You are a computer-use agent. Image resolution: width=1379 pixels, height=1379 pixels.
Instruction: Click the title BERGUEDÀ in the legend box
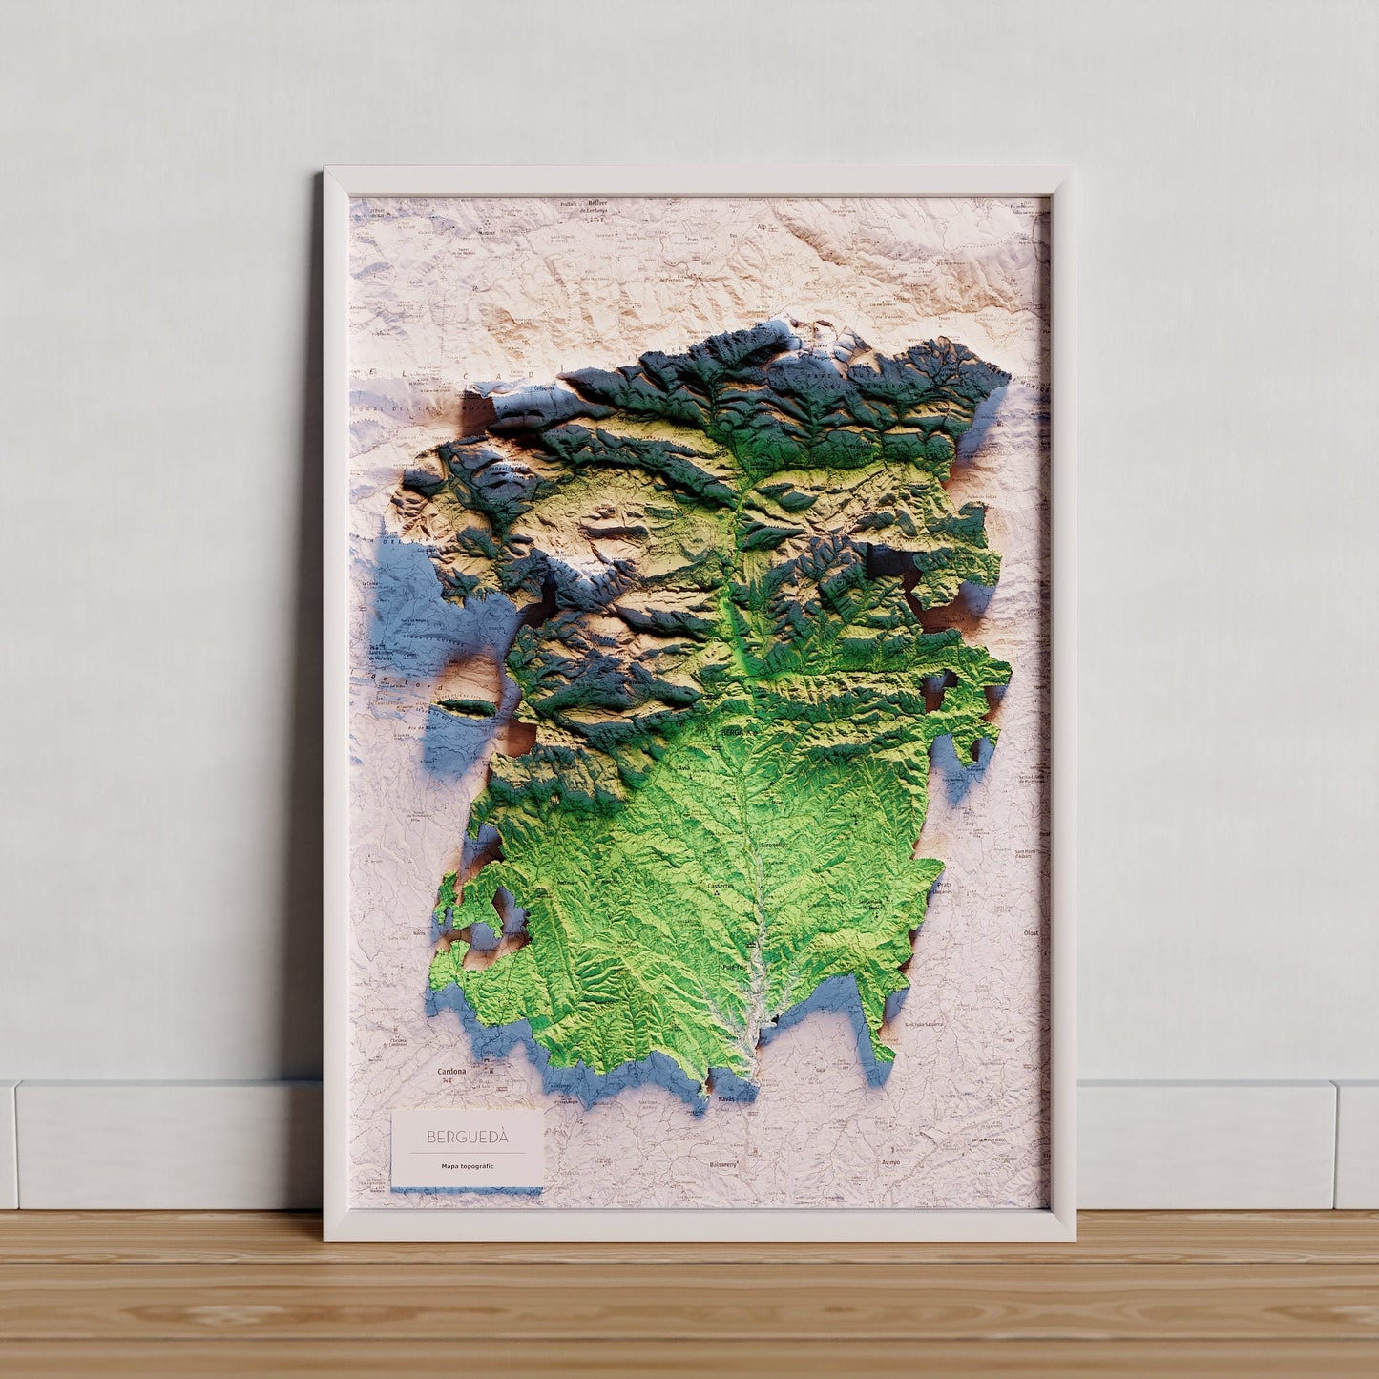[468, 1137]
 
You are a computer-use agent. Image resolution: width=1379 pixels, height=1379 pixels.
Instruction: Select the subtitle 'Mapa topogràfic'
[468, 1166]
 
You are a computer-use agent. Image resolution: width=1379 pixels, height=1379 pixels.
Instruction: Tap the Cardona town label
[451, 1072]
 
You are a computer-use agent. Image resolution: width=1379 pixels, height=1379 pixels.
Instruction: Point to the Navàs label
[726, 1100]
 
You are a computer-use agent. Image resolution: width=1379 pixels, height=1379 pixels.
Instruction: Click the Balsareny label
[723, 1165]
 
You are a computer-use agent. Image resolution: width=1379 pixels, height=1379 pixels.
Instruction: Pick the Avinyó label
[892, 1163]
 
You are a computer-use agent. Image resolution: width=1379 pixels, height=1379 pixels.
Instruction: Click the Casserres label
[720, 885]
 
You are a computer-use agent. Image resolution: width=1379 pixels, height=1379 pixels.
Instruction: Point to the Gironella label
[773, 845]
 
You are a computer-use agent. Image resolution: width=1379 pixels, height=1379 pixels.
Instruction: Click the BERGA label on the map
[733, 732]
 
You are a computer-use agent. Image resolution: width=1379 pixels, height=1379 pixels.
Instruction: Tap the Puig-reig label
[735, 967]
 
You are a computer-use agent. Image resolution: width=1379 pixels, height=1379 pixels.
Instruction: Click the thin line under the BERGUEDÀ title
[468, 1153]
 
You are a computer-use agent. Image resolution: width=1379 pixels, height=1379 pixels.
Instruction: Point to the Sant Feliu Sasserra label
[924, 1024]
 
